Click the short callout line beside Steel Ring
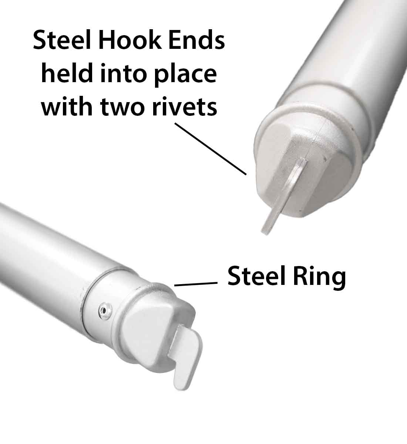[195, 284]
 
